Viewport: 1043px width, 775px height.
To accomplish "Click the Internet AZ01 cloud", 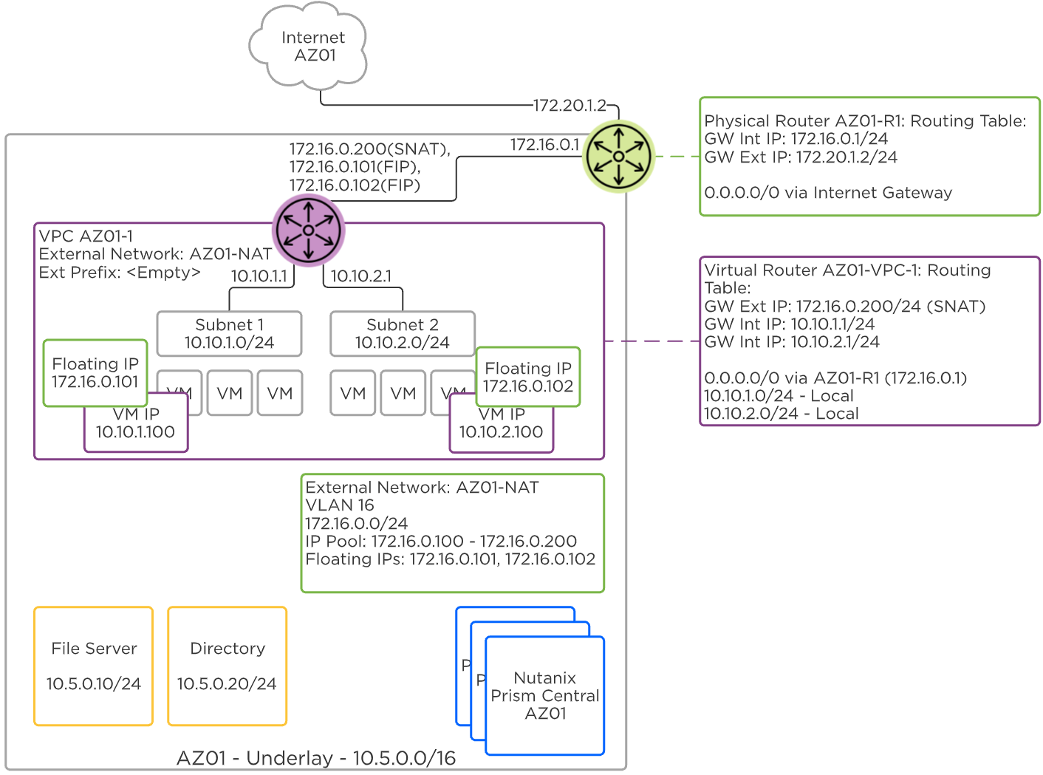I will (x=311, y=46).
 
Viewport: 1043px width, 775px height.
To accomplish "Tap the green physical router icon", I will (x=618, y=156).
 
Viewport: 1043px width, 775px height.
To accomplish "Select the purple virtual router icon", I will (x=308, y=231).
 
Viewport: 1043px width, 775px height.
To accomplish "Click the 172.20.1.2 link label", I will (x=570, y=106).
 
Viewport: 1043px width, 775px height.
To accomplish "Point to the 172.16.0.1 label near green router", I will (x=544, y=145).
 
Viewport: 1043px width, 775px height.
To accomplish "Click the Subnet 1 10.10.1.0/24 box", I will (x=229, y=334).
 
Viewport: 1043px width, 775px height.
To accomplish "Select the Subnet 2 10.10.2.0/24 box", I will (x=402, y=334).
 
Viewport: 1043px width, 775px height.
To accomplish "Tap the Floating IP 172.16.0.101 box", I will (x=95, y=372).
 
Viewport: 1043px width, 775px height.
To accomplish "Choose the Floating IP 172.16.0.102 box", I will (x=528, y=377).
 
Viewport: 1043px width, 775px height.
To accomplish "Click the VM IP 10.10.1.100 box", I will (x=136, y=432).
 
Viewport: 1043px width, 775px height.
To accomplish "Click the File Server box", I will (x=94, y=666).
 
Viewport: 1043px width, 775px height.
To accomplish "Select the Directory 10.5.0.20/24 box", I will (x=227, y=666).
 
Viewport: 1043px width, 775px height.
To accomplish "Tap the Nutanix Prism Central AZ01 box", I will (x=545, y=695).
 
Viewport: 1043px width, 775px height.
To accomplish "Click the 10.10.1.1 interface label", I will (x=259, y=276).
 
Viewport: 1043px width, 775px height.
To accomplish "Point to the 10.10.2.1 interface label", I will (x=361, y=276).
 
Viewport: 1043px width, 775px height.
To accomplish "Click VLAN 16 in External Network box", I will (x=340, y=505).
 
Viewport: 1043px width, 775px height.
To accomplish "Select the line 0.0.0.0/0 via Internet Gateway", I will (x=828, y=193).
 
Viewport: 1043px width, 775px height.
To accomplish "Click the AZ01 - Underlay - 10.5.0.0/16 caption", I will (x=316, y=758).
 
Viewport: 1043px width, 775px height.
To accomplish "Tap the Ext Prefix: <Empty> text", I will (x=120, y=273).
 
